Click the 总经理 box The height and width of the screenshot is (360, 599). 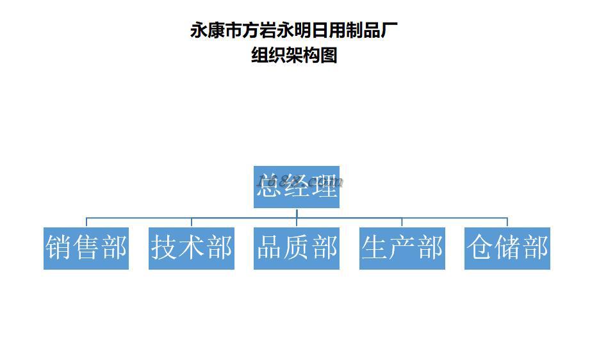click(x=296, y=186)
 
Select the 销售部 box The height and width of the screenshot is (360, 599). click(x=86, y=248)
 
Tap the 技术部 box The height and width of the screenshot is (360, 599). click(x=191, y=248)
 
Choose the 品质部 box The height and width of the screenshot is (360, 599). click(x=296, y=248)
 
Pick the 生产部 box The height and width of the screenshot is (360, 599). click(x=402, y=248)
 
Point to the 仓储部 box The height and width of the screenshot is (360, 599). click(x=507, y=248)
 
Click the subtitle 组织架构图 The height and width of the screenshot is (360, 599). click(x=294, y=56)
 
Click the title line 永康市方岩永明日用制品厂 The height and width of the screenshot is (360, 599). click(x=294, y=30)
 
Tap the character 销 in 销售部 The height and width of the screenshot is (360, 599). click(x=58, y=248)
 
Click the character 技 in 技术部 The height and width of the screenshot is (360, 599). click(x=164, y=248)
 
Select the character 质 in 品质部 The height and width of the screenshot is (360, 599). click(x=297, y=248)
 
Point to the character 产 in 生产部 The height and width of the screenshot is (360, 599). click(x=402, y=248)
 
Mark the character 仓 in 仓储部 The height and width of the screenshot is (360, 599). click(x=480, y=248)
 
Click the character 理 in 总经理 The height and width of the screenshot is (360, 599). click(x=324, y=186)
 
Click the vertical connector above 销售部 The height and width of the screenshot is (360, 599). click(x=86, y=222)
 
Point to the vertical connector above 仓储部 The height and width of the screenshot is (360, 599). click(x=507, y=222)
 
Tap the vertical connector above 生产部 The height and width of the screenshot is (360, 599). click(x=402, y=222)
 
